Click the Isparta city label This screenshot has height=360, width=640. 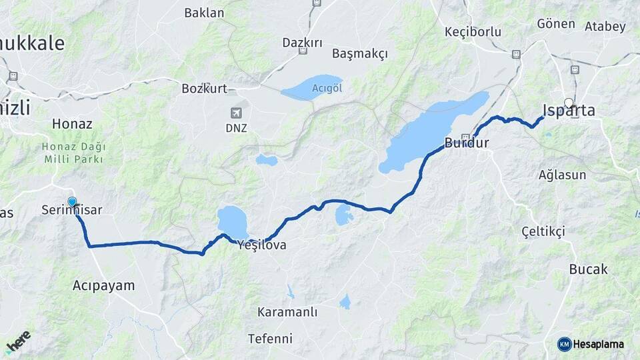569,111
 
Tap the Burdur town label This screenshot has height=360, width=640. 467,143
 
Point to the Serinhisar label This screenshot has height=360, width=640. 71,210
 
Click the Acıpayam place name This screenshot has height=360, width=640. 103,285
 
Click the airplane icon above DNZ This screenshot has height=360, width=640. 235,113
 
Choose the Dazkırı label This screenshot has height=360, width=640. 302,43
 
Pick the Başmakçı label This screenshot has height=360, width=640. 359,54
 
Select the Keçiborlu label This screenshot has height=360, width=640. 472,31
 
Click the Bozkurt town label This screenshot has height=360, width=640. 205,88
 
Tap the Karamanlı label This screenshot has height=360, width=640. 287,312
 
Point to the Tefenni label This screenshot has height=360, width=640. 270,339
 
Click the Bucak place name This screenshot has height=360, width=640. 588,269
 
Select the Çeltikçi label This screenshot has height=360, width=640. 543,231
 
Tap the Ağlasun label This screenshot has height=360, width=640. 562,175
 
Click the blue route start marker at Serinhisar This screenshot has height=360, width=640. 72,201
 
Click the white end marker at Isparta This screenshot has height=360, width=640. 569,103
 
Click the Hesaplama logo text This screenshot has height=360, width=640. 598,344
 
